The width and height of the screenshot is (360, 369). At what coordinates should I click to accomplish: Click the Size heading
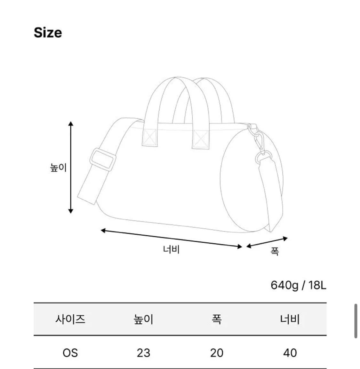click(x=48, y=33)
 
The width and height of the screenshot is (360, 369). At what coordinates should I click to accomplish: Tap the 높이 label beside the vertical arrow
click(x=58, y=167)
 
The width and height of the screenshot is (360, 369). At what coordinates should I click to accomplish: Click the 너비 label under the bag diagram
click(x=172, y=249)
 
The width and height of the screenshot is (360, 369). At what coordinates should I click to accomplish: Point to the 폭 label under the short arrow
click(x=275, y=251)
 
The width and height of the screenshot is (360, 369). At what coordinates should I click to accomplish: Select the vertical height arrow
click(x=71, y=167)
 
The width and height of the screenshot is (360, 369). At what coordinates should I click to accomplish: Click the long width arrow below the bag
click(x=172, y=239)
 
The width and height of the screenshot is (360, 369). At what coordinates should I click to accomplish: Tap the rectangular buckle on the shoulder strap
click(x=103, y=159)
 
